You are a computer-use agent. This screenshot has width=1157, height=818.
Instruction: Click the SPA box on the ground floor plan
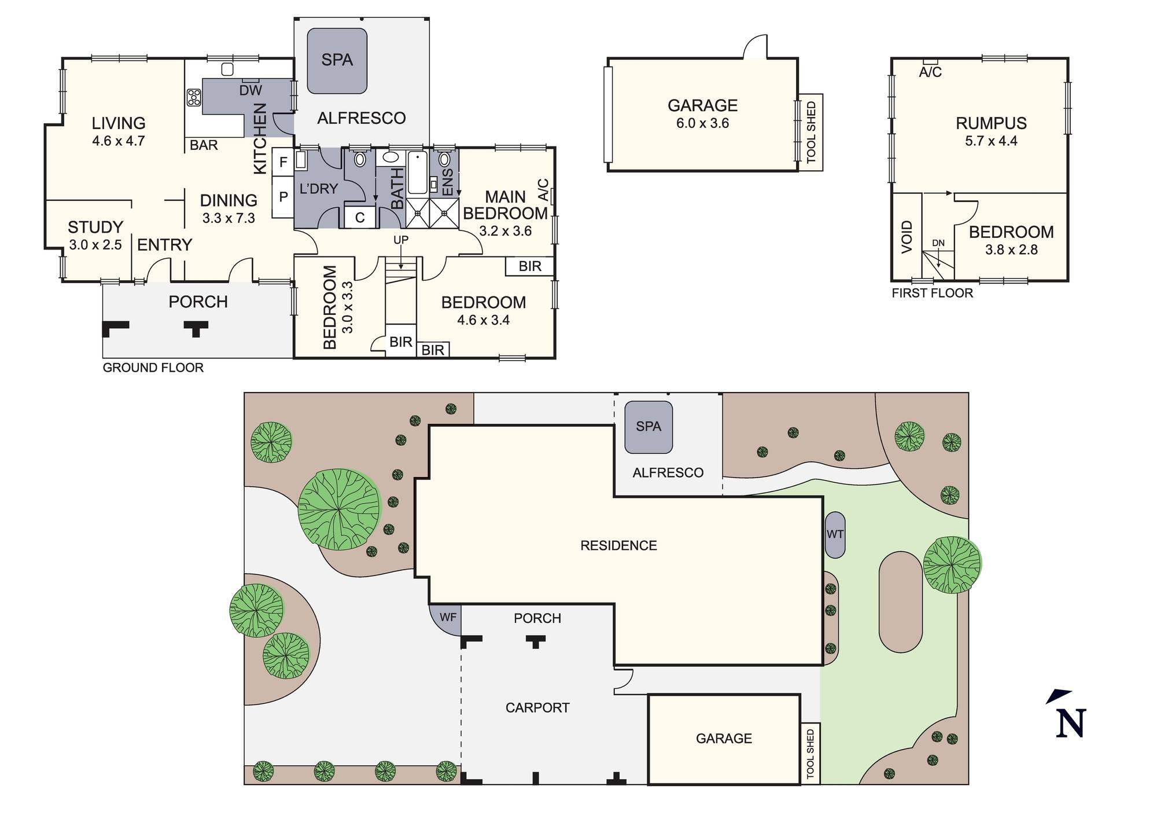337,60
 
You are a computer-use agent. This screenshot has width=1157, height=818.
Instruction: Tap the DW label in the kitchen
250,90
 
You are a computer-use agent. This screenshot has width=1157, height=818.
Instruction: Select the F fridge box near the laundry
283,162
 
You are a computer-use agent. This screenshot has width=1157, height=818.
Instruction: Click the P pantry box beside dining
283,197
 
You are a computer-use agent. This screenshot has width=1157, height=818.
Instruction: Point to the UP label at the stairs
401,240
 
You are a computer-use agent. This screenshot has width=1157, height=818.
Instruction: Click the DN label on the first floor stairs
938,243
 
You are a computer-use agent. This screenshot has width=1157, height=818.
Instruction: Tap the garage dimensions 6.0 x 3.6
702,123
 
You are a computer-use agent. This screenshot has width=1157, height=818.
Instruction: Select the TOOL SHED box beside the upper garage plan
811,133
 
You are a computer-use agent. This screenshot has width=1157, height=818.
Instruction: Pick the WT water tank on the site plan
835,534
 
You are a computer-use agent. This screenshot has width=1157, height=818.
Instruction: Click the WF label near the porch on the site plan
448,618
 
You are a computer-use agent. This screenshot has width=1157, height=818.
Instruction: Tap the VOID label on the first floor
907,237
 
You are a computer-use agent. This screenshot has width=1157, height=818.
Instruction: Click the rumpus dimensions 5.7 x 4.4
990,141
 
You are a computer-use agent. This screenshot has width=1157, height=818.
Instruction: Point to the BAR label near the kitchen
204,145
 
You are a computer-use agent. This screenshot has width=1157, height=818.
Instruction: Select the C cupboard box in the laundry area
360,218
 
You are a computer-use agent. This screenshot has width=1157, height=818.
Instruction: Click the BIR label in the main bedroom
529,266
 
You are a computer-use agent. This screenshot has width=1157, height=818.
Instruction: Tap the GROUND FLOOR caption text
153,368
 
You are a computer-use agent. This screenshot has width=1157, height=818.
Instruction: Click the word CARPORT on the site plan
537,707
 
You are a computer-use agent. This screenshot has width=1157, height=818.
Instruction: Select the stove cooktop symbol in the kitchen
194,97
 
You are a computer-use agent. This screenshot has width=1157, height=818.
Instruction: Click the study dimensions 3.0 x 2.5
95,245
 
